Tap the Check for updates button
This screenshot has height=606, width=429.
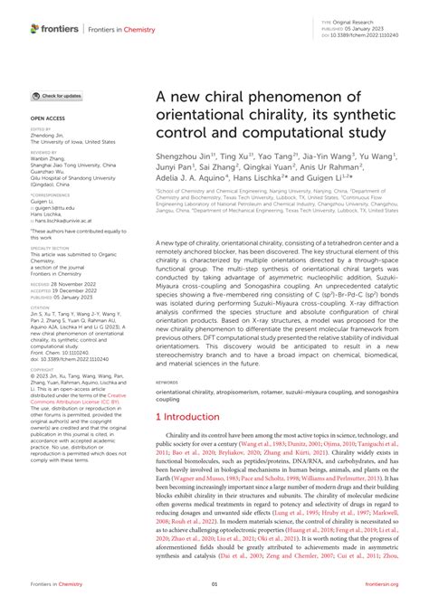(x=57, y=95)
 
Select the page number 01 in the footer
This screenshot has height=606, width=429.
(x=214, y=584)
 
